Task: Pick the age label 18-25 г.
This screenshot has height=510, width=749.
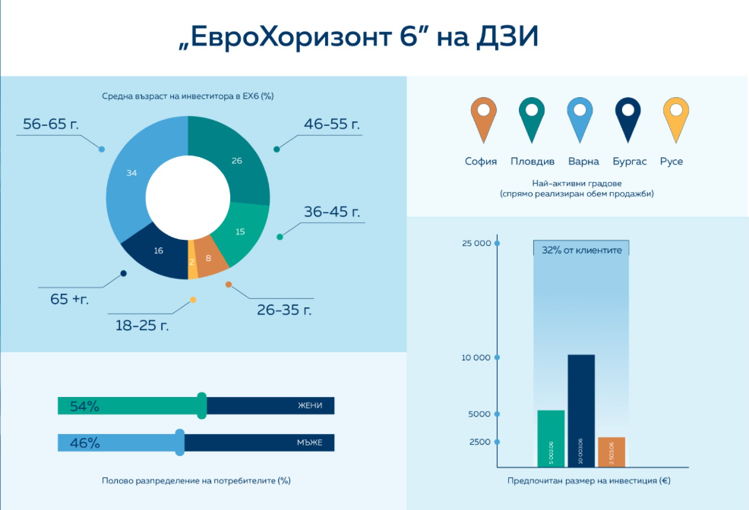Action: tap(142, 326)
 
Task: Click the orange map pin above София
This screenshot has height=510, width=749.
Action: tap(481, 117)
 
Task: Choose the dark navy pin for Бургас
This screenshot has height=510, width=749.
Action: tap(627, 117)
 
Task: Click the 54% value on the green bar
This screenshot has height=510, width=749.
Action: tap(84, 406)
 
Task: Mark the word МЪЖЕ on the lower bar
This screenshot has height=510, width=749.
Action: tap(310, 442)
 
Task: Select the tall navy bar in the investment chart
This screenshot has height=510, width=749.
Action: tap(581, 410)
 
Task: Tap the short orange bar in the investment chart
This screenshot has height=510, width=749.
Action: tap(612, 452)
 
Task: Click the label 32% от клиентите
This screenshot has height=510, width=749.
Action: tap(581, 249)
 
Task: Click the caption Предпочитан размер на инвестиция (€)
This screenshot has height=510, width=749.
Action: tap(589, 481)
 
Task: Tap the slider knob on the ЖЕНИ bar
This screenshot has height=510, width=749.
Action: tap(201, 405)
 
